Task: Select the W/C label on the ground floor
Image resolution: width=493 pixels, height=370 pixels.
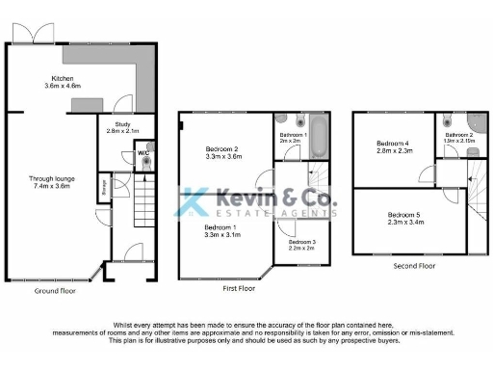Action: (x=143, y=152)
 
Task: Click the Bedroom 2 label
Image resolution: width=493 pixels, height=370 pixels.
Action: (x=222, y=150)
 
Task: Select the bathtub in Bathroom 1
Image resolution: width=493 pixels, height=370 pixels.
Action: (x=320, y=136)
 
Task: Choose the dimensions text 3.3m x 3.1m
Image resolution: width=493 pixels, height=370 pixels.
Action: (x=223, y=234)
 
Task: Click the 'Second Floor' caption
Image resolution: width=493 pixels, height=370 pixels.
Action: (x=413, y=265)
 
